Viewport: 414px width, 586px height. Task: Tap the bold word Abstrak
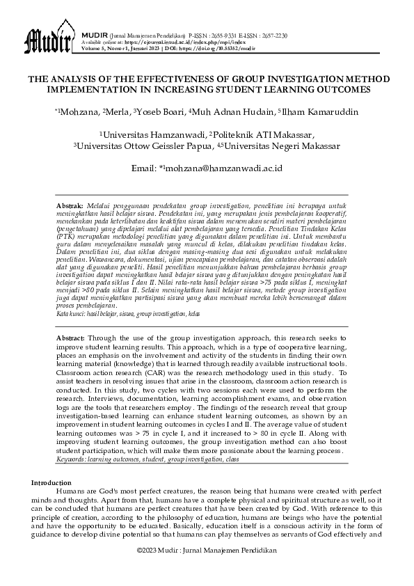pos(70,207)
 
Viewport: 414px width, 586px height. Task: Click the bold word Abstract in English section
pos(70,336)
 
